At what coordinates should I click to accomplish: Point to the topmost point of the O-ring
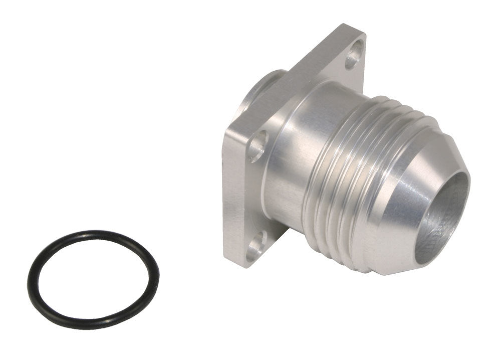click(95, 233)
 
